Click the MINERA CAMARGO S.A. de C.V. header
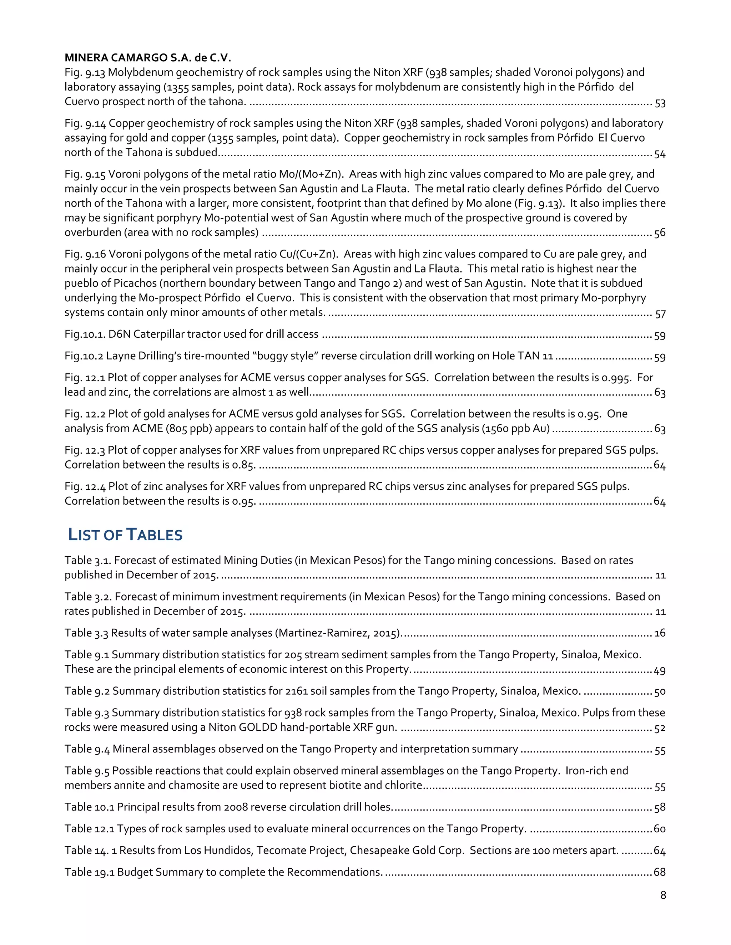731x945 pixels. (148, 57)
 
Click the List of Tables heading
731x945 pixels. (126, 535)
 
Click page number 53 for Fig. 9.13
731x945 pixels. (660, 103)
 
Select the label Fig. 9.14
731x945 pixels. (85, 123)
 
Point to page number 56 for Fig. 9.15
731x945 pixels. (660, 233)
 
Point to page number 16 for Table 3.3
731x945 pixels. (660, 633)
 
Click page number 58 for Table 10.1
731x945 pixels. (660, 807)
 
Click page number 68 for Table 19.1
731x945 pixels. (660, 872)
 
